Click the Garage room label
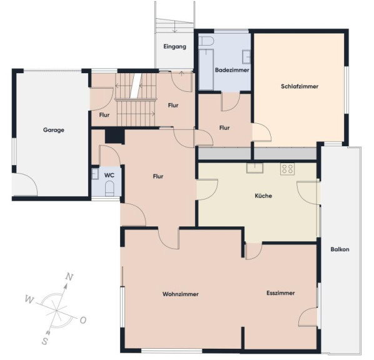(x=54, y=130)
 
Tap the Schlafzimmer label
(x=300, y=86)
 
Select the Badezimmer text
(x=232, y=70)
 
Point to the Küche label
(x=263, y=196)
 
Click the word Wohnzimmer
(x=181, y=294)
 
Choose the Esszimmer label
(x=280, y=293)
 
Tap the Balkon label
(x=340, y=249)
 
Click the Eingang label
(x=175, y=47)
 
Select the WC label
(x=109, y=176)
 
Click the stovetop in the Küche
(x=288, y=169)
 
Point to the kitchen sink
(x=255, y=168)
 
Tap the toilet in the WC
(x=109, y=188)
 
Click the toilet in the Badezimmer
(x=206, y=41)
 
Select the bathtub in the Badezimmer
(x=206, y=69)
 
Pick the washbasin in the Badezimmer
(x=246, y=57)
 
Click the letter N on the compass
(x=69, y=277)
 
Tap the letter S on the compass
(x=44, y=341)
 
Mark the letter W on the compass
(x=29, y=299)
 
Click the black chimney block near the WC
(x=115, y=136)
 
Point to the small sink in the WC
(x=95, y=174)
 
